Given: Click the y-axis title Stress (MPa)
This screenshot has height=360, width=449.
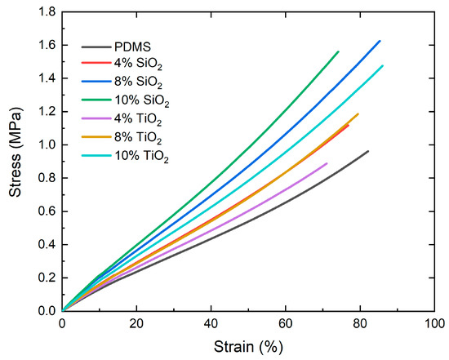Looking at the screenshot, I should pos(14,161).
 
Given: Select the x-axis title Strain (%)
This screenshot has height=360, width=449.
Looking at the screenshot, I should pos(247,348).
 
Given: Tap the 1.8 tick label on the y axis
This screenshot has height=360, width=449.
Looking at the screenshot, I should pos(45,11).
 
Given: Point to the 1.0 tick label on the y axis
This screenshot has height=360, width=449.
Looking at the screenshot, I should pos(45,144).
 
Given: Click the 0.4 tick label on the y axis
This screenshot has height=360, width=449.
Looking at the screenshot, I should pos(45,244).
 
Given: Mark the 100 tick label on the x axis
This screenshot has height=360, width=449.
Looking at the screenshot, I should pos(433,323).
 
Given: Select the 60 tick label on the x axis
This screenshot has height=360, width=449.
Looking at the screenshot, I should pos(285,323).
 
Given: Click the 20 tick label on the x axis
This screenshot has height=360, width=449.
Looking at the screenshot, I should pos(136,323).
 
